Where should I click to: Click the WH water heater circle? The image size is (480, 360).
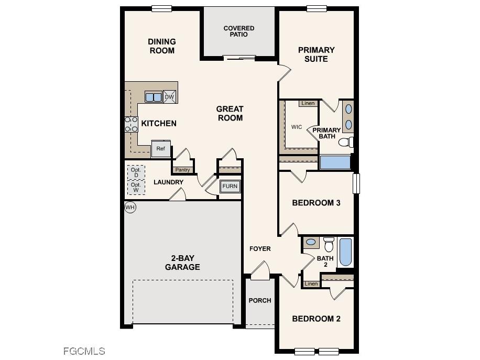(130, 208)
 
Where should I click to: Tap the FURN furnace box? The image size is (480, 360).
(230, 187)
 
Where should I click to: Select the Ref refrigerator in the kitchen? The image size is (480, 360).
(160, 149)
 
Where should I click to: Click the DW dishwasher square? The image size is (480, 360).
(169, 97)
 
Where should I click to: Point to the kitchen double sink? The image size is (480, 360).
(154, 97)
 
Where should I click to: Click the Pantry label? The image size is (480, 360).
(182, 170)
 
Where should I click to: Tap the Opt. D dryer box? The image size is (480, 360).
(136, 172)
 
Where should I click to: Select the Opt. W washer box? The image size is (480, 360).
(136, 187)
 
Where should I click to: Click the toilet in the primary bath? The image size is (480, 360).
(346, 142)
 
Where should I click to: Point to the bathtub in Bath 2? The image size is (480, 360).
(345, 252)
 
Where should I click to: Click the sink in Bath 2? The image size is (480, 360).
(311, 242)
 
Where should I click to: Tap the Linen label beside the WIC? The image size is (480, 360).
(308, 103)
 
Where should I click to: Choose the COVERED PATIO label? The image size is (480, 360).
(239, 31)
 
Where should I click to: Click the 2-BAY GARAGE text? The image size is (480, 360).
(182, 263)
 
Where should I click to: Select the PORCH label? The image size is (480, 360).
(260, 301)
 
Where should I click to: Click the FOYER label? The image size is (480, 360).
(260, 248)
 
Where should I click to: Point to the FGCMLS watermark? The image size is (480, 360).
(84, 351)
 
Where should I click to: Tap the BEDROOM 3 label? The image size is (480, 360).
(316, 203)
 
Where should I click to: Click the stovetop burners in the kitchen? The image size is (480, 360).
(131, 124)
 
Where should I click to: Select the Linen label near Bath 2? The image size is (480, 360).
(311, 283)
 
